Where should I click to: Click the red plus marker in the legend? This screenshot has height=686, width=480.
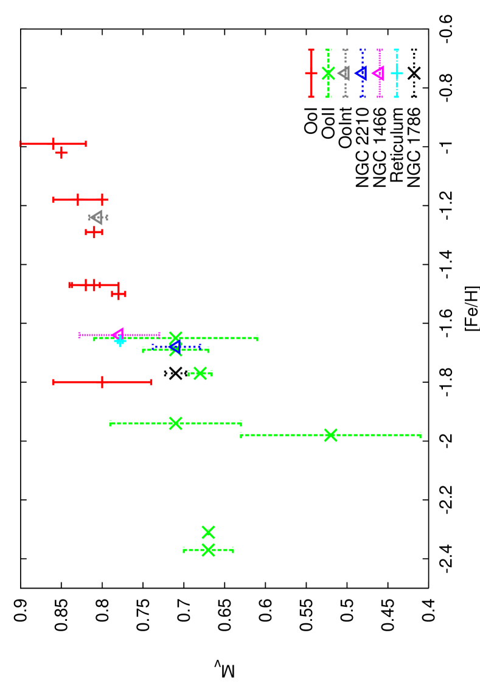coord(311,73)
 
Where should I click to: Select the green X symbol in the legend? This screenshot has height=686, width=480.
coord(328,73)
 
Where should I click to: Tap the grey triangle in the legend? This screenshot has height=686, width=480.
coord(344,73)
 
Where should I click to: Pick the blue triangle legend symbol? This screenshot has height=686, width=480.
coord(361,73)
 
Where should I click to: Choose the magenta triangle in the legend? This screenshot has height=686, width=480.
coord(378,73)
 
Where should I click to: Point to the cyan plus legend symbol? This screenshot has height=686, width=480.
coord(396,73)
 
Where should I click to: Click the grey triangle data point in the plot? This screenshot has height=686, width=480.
coord(97,217)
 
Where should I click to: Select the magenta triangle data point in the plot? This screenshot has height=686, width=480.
coord(118,334)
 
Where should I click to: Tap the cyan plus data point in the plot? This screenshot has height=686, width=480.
coord(120,341)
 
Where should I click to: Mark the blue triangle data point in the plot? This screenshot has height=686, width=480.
coord(175,347)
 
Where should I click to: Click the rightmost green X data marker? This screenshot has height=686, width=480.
coord(330,435)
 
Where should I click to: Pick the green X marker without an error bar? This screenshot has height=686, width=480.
coord(208,532)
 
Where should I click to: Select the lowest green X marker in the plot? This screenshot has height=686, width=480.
coord(208,550)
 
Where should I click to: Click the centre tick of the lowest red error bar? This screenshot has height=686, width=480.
coord(102,382)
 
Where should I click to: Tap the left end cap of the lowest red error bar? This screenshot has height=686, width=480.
coord(54,382)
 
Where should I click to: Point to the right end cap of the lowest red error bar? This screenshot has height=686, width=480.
coord(151,382)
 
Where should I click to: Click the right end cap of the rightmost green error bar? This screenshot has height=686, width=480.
coord(420,435)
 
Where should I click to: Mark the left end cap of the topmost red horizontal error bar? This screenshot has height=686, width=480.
coord(21,144)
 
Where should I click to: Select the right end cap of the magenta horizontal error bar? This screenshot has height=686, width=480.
coord(159,334)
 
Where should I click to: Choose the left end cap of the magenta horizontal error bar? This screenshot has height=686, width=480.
coord(79,334)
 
